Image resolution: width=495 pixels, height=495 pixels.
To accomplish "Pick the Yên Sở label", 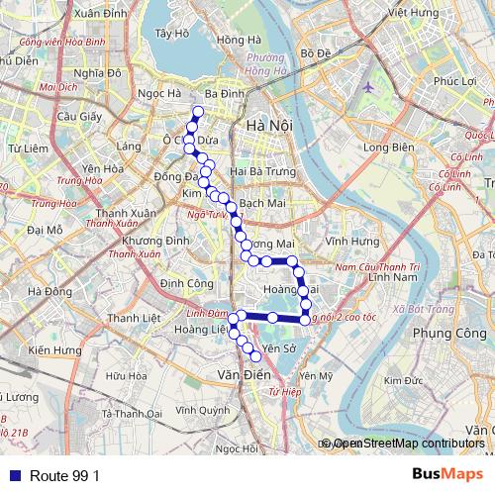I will [x=279, y=348].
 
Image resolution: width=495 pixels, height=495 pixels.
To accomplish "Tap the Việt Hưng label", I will [x=413, y=13].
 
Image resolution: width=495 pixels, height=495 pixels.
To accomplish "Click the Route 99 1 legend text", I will [x=64, y=476].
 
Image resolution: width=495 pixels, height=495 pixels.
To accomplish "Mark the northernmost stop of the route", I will [x=197, y=111].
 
